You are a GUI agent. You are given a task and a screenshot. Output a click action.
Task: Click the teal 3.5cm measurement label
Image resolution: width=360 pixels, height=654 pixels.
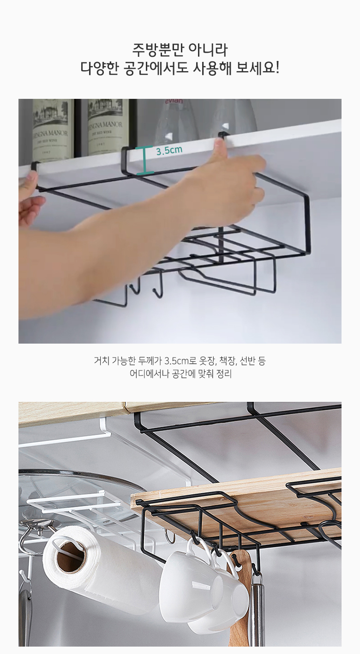pyautogui.click(x=169, y=151)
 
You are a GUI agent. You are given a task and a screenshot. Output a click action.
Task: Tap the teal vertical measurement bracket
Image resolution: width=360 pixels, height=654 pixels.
pyautogui.click(x=144, y=160)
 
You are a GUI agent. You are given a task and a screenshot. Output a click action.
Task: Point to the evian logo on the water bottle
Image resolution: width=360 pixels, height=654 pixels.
pyautogui.click(x=174, y=101)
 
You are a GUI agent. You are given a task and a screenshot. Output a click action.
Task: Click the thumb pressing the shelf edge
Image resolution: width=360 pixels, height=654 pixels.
pyautogui.click(x=221, y=151)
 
